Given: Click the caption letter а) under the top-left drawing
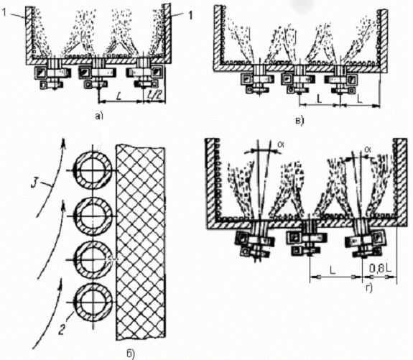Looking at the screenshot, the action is pos(99,116).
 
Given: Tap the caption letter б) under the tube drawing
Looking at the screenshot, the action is pos(131,354).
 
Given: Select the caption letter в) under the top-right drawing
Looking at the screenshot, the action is pos(300,121).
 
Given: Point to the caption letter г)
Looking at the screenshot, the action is pos(369,289).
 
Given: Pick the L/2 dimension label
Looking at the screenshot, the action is pos(154,95).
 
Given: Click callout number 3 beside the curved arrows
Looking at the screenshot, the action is pos(34,183).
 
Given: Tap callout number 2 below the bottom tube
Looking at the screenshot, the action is pos(62,329).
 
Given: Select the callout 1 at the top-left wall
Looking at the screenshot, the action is pos(4,13).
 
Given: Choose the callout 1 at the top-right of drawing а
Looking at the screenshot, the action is pos(190,16).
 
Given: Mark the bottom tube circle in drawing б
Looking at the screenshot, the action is pos(93,302).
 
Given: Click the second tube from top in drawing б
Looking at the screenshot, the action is pos(93,216).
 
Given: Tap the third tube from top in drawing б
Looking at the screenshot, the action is pos(93,259).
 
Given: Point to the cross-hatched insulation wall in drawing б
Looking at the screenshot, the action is pos(141,242).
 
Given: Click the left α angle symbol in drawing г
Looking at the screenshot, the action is pos(281,144).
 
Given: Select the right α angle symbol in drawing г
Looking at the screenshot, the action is pos(368,149).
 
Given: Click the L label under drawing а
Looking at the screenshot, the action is pos(119,96).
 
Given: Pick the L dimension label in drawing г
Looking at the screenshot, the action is pos(333,270).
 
